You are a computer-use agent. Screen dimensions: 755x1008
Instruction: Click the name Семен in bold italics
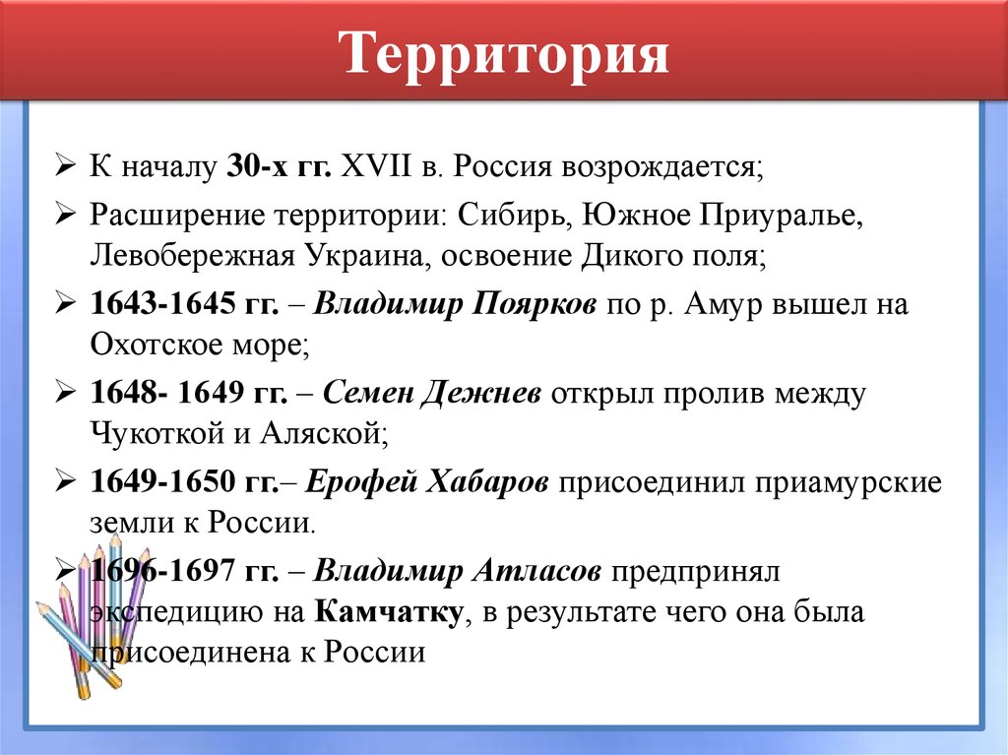368,395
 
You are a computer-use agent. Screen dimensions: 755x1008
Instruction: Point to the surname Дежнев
483,395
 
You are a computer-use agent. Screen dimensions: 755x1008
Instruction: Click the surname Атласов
537,571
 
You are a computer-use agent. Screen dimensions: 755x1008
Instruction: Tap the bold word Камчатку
390,613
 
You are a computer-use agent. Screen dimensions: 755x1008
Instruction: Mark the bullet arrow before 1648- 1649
66,394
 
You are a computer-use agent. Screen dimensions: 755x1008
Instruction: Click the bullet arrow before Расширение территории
66,215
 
